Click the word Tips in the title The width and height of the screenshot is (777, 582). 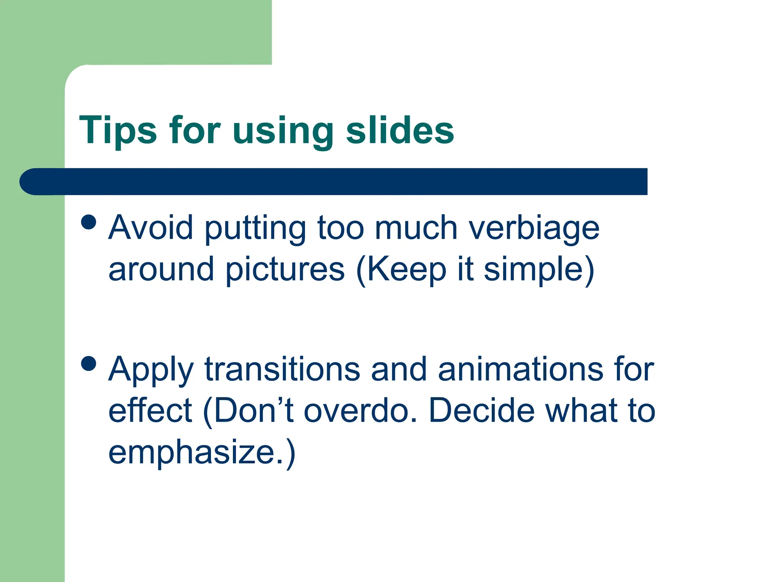[118, 131]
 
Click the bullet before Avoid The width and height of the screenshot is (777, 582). [89, 222]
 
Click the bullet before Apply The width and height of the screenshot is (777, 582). [89, 364]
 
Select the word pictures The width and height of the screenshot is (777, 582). [285, 270]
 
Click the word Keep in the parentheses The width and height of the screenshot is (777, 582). [406, 270]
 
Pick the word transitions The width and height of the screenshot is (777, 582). [282, 369]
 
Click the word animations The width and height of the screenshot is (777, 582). [520, 369]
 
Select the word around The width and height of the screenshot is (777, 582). [161, 270]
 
